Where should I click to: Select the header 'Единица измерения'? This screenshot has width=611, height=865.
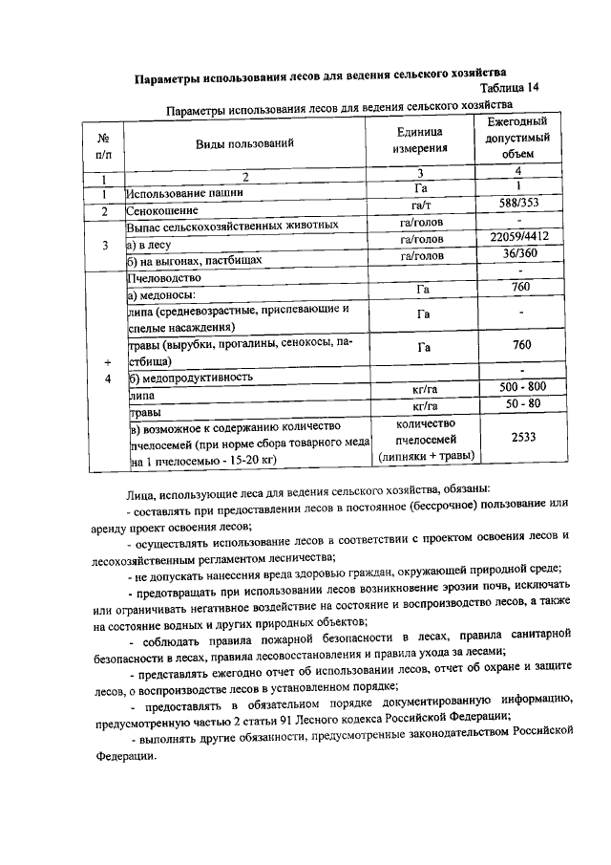(419, 141)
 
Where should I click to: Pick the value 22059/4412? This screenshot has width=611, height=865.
(518, 237)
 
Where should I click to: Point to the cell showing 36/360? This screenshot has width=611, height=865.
(518, 254)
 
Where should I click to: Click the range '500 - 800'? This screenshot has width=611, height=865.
(520, 386)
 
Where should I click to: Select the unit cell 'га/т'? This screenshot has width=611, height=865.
(419, 205)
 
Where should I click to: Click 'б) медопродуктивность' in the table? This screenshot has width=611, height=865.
(191, 378)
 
